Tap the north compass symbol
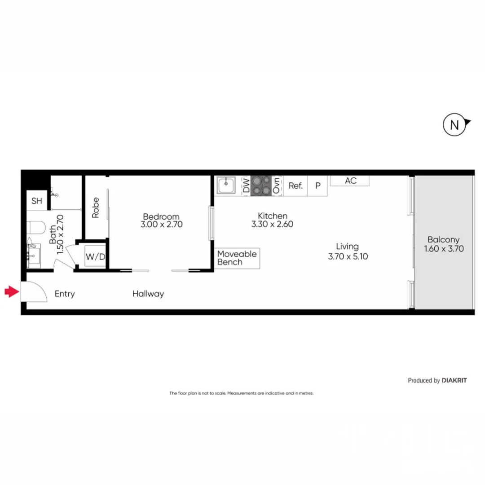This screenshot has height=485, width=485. [x=454, y=125]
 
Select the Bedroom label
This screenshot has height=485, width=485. [x=161, y=216]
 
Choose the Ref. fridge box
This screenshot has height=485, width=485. [x=295, y=185]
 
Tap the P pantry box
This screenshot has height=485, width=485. [x=318, y=185]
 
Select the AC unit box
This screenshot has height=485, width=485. [x=350, y=181]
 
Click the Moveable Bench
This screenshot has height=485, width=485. [x=237, y=258]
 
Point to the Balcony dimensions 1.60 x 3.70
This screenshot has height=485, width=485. [x=444, y=248]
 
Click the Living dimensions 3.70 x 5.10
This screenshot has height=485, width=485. [x=348, y=257]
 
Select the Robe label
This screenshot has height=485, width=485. [x=96, y=207]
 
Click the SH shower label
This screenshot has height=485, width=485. [x=37, y=201]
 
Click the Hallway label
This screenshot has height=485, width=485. [x=148, y=294]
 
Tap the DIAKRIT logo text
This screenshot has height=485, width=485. [x=454, y=380]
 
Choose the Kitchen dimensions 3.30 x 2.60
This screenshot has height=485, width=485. [x=272, y=224]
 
